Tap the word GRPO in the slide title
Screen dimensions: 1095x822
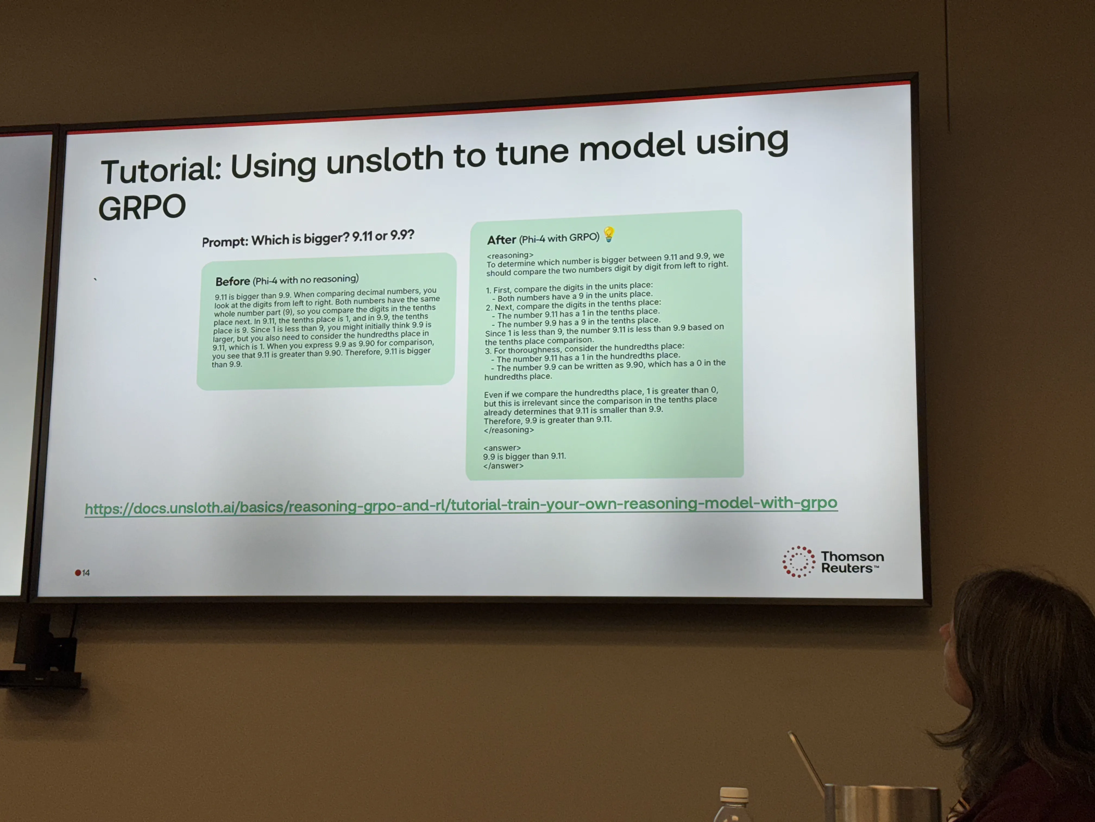click(142, 207)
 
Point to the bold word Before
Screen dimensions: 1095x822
click(233, 281)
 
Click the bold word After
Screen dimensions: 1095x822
click(501, 240)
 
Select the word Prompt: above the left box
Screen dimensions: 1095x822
click(225, 242)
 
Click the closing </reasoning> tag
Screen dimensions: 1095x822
click(509, 430)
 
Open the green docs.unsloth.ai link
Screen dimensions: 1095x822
click(461, 506)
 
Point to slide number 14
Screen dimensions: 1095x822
click(86, 573)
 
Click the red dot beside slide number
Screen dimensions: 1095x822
click(78, 573)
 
